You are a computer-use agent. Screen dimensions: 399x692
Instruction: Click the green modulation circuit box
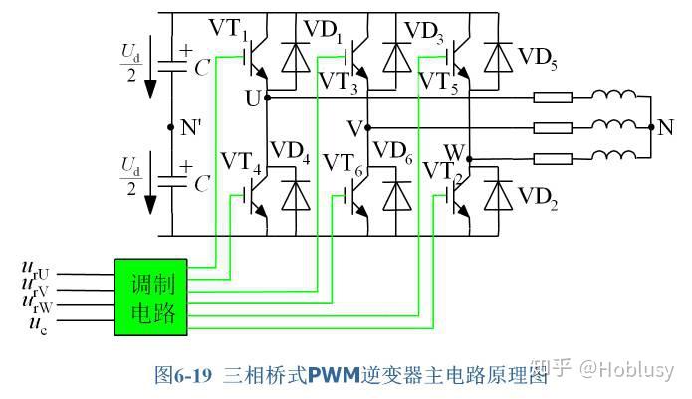152,298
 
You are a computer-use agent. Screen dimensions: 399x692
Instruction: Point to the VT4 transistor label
242,161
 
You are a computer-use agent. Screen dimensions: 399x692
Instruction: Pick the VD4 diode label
290,152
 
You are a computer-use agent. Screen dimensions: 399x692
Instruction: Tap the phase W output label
454,151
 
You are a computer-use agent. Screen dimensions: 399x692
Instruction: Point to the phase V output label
353,128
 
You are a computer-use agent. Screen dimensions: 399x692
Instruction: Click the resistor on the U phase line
553,98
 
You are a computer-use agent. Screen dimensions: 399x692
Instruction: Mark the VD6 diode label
392,151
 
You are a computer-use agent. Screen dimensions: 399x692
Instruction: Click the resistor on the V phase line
553,127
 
